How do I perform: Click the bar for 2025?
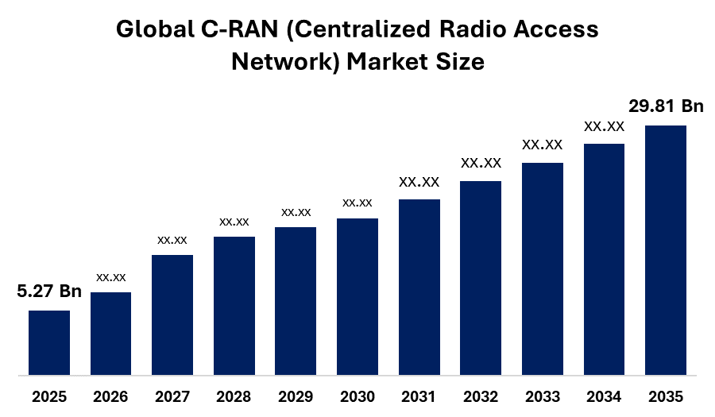(49, 342)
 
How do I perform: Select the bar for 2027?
(172, 315)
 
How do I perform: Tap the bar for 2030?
(357, 297)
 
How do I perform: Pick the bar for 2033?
(543, 269)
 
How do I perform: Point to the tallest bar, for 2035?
(666, 250)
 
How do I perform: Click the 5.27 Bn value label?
(49, 291)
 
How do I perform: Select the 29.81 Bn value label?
(667, 106)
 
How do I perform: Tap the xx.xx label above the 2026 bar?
(110, 277)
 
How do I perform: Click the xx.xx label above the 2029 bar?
(296, 212)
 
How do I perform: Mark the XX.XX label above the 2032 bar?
(481, 163)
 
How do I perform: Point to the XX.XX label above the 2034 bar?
(605, 127)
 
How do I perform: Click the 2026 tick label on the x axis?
(110, 396)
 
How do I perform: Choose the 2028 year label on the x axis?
(234, 396)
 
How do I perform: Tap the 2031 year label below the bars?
(419, 396)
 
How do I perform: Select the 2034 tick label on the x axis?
(604, 396)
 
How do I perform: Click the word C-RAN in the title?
(239, 29)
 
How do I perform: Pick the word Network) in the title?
(286, 62)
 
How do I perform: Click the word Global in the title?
(155, 29)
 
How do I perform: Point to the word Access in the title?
(556, 29)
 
